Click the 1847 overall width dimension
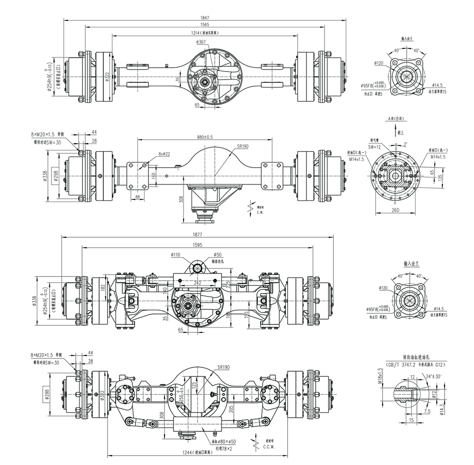pyautogui.click(x=205, y=18)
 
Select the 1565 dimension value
pyautogui.click(x=205, y=25)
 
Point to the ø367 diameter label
pyautogui.click(x=201, y=43)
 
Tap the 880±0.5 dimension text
pyautogui.click(x=205, y=137)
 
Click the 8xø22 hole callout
pyautogui.click(x=164, y=153)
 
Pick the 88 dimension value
pyautogui.click(x=137, y=197)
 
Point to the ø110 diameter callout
pyautogui.click(x=176, y=255)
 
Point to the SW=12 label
pyautogui.click(x=376, y=147)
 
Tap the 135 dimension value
pyautogui.click(x=441, y=177)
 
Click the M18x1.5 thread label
pyautogui.click(x=380, y=376)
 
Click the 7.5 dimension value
pyautogui.click(x=428, y=411)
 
